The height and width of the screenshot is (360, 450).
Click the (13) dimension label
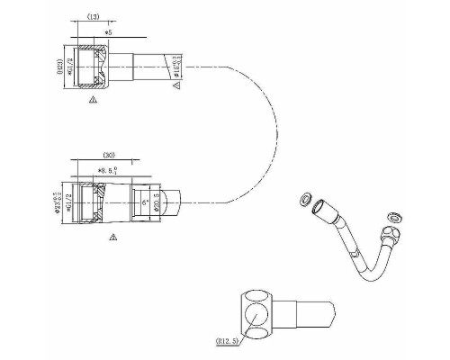coord(93,18)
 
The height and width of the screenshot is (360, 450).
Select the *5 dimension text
coord(109,31)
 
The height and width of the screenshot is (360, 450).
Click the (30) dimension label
coord(109,154)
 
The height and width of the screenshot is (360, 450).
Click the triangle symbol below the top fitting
coord(93,103)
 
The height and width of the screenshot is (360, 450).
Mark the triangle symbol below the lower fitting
coord(112,238)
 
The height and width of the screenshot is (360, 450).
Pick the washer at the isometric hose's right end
coord(392,215)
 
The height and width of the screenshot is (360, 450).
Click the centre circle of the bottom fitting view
coord(256,316)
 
